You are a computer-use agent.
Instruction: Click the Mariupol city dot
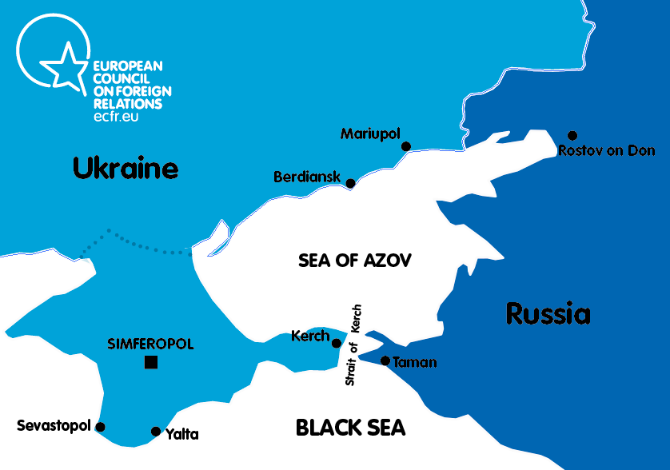(x=406, y=146)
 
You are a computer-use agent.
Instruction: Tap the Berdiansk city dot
(x=350, y=183)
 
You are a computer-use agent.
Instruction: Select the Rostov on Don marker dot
(x=572, y=136)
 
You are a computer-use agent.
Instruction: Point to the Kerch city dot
(x=337, y=343)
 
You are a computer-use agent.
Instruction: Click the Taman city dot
(x=385, y=361)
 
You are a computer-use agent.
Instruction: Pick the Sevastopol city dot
(x=100, y=427)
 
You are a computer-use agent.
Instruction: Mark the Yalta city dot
(x=156, y=432)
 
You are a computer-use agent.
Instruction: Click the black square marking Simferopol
(x=151, y=362)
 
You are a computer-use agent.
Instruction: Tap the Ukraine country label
(x=126, y=169)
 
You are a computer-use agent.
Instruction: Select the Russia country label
(x=548, y=314)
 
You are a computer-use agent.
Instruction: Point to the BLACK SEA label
(x=350, y=428)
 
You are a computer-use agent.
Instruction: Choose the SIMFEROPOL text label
(x=150, y=345)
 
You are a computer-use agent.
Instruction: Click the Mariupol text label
(x=369, y=133)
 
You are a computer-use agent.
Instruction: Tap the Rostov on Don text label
(x=607, y=150)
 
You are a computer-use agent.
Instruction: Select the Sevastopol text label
(x=54, y=426)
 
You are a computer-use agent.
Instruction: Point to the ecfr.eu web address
(x=117, y=116)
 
